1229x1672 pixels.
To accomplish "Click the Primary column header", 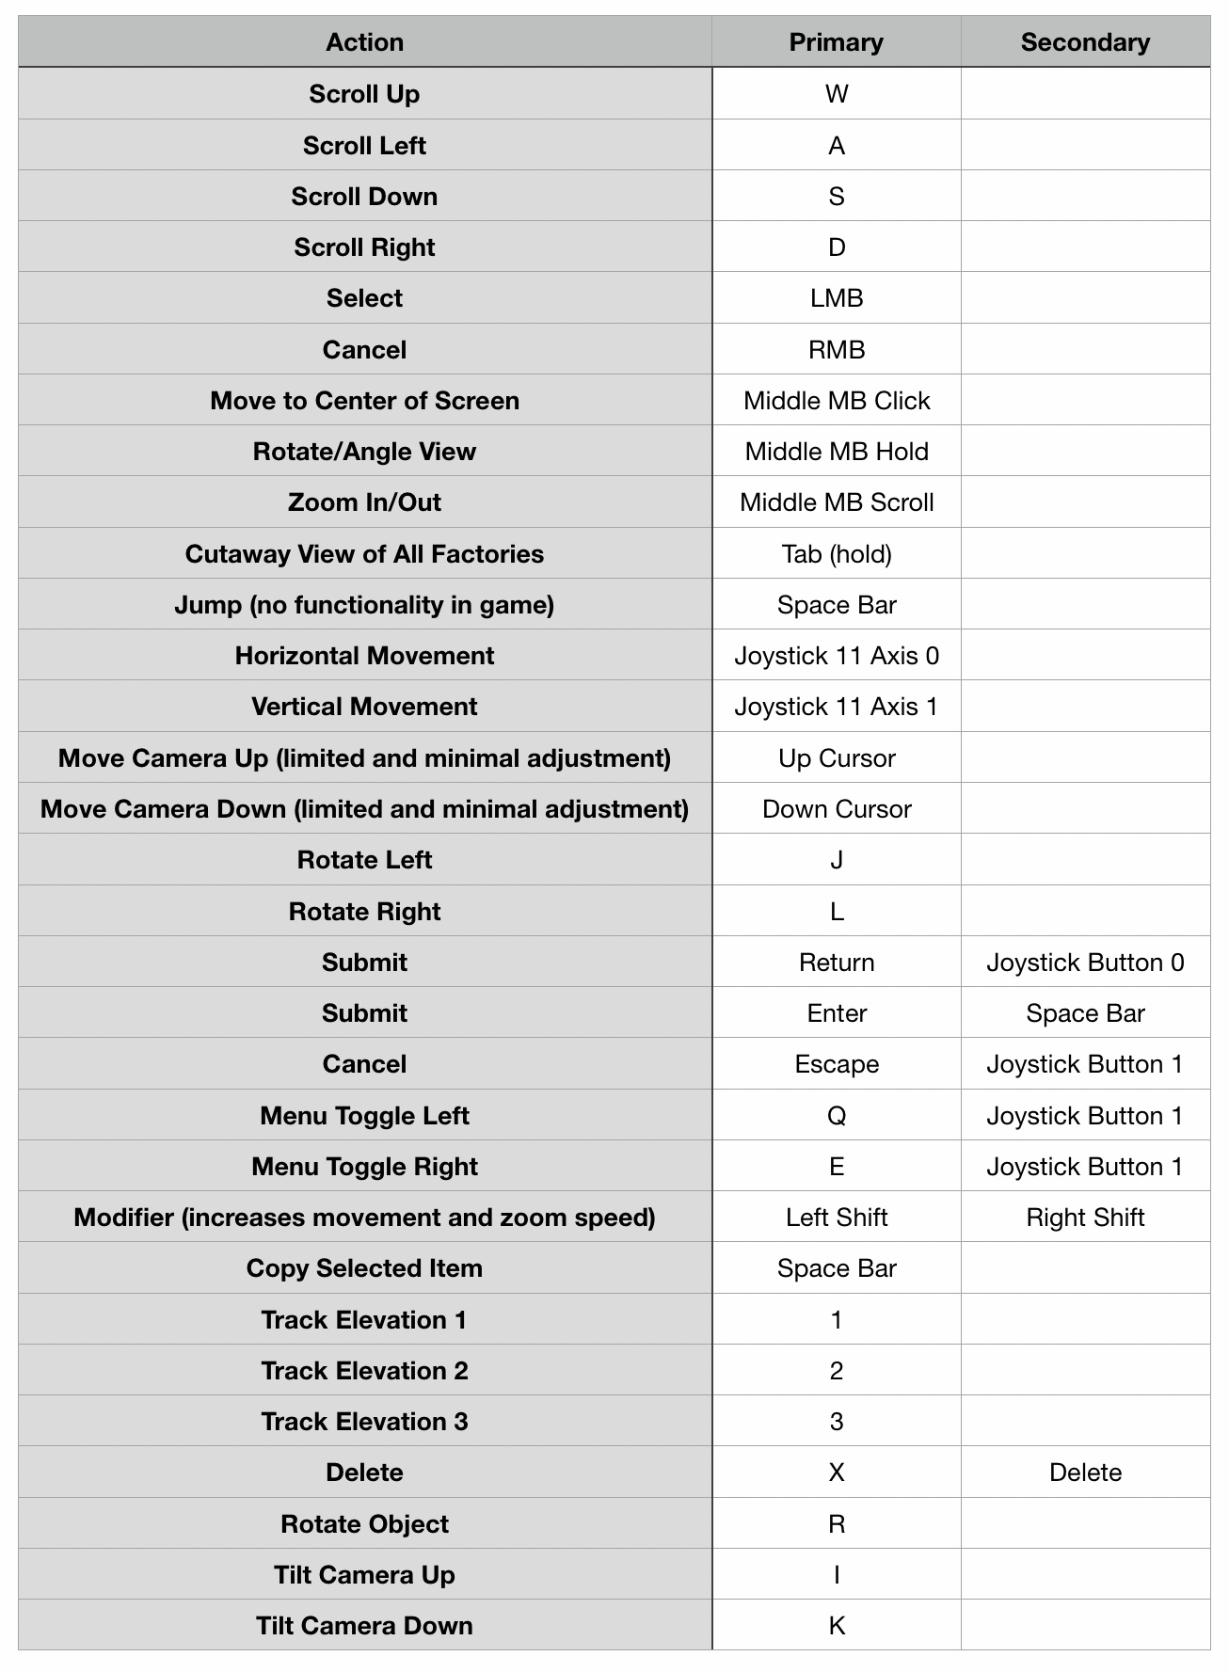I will [836, 42].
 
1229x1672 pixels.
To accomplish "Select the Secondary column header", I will [1085, 42].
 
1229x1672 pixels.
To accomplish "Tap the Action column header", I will [364, 42].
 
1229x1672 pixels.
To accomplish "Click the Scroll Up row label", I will [364, 94].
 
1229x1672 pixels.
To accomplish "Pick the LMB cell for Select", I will [836, 298].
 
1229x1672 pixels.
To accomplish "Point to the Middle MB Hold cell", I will [836, 452].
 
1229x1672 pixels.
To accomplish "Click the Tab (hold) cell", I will [836, 554].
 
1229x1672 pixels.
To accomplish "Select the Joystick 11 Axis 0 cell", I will [836, 656].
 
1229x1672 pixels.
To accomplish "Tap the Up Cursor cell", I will [836, 758].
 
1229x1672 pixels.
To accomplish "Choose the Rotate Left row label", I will [364, 860].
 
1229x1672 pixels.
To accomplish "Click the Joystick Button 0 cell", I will [1085, 963].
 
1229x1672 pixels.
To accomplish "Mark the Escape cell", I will [836, 1064].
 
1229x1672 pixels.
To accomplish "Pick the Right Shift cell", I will [1085, 1218].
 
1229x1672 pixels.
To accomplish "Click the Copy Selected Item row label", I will [364, 1268].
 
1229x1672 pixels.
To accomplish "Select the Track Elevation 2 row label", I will [364, 1371].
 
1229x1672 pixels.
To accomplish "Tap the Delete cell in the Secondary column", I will [1085, 1473].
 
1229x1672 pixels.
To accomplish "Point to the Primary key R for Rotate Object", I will [836, 1524].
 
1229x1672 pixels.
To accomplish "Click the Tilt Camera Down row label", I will [364, 1626].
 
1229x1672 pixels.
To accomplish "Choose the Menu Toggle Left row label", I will [364, 1116].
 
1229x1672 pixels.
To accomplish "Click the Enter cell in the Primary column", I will [836, 1013].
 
